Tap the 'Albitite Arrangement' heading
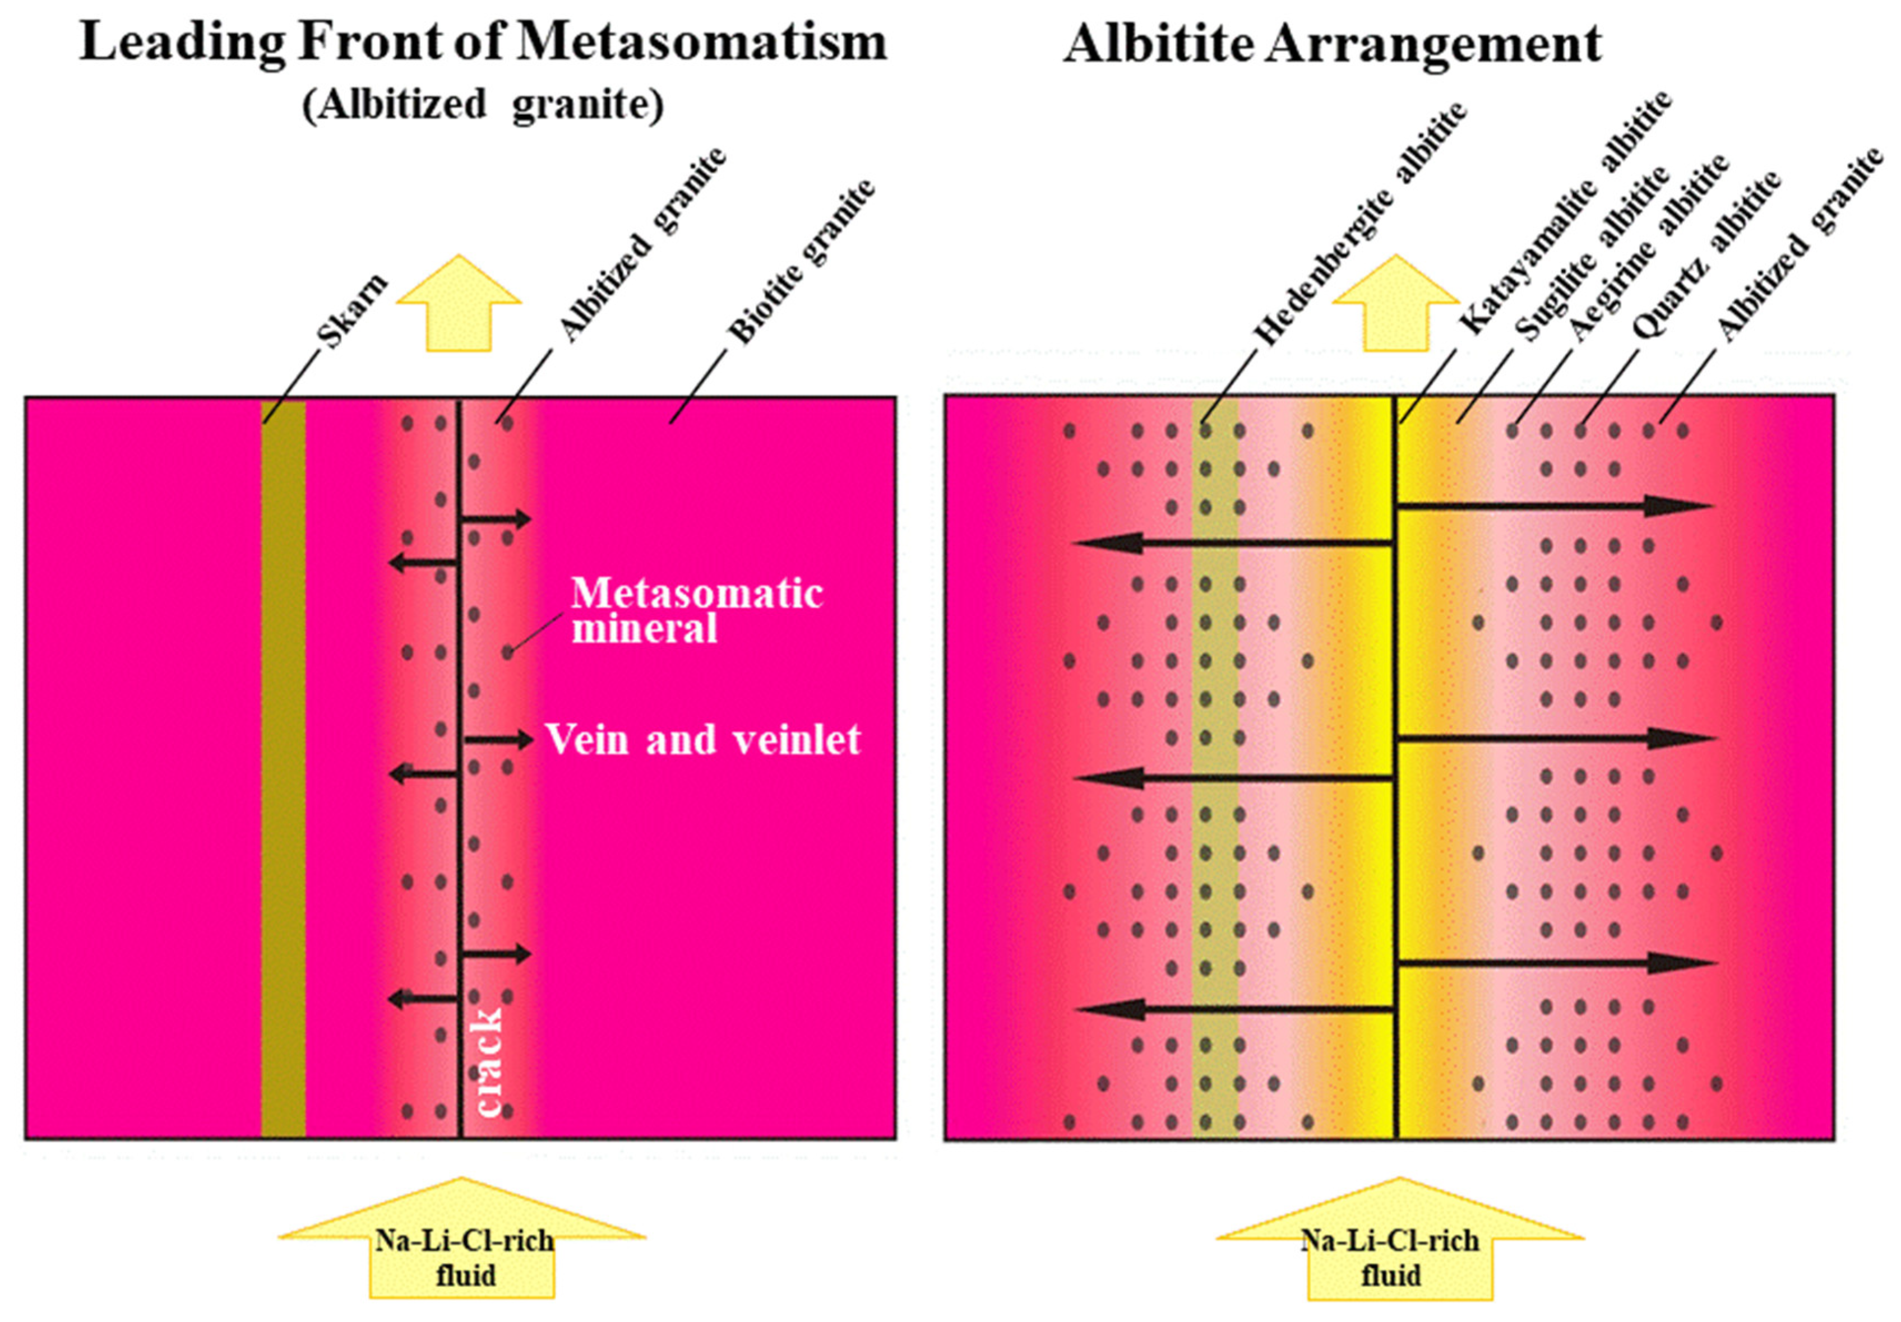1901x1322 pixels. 1331,43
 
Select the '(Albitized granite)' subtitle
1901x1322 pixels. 483,105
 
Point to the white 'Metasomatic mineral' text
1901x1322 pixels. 696,611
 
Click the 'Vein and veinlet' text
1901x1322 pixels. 702,739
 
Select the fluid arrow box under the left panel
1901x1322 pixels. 462,1258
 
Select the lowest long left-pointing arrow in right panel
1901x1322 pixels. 1234,1009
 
